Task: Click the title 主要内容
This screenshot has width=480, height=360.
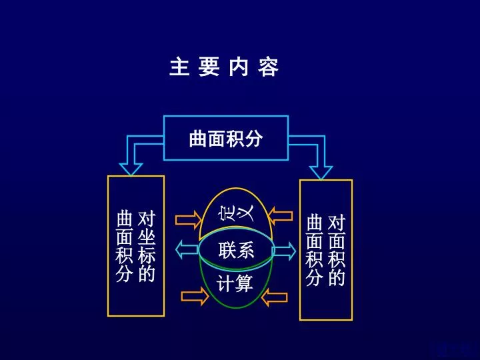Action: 224,67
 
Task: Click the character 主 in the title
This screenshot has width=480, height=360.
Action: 179,67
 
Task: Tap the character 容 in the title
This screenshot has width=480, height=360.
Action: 268,67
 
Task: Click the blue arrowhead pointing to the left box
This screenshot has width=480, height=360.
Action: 131,169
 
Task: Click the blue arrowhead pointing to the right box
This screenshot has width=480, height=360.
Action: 321,173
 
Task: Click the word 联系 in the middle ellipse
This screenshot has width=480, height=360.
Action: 236,250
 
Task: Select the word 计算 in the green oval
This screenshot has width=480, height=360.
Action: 235,283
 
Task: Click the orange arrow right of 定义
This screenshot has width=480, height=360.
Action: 280,216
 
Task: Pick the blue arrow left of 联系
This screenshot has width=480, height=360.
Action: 187,249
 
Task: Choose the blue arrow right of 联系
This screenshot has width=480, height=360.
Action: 285,251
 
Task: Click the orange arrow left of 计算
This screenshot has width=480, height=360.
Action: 195,296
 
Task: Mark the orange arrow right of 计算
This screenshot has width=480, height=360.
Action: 275,297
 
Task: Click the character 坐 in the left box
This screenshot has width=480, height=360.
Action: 147,237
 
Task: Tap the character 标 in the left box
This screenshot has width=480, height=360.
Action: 147,255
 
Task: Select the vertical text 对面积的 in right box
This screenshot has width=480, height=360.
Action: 336,251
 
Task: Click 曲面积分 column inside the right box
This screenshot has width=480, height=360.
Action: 315,251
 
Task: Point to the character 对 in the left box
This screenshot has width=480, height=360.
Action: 147,219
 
